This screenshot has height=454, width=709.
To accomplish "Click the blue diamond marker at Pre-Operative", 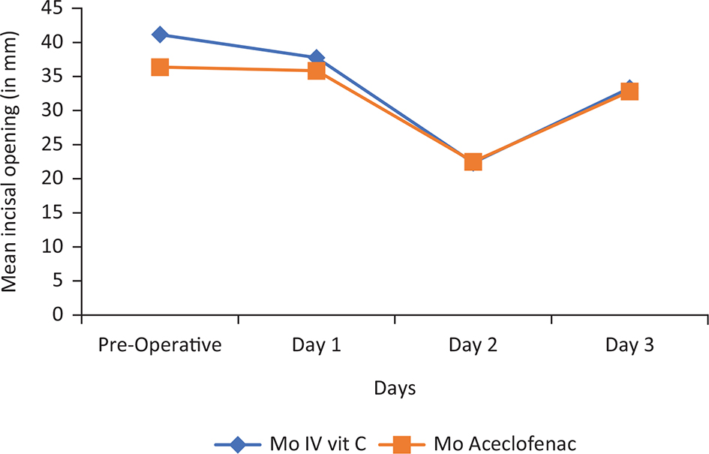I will coord(160,35).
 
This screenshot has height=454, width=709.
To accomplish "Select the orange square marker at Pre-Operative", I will coord(160,68).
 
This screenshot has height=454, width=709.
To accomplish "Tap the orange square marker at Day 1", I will coord(316,71).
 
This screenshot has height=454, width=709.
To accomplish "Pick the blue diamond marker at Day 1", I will coord(317,57).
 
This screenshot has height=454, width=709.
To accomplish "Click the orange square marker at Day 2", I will coord(473,162).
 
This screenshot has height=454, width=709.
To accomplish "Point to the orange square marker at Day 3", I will coord(629,92).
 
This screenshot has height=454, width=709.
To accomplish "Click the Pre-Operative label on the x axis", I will coord(160,347).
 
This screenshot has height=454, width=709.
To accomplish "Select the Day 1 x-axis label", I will coord(317,347).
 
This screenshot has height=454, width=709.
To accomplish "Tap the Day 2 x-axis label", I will coord(473,347).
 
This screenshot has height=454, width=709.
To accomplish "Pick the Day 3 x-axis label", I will coord(629,347).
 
